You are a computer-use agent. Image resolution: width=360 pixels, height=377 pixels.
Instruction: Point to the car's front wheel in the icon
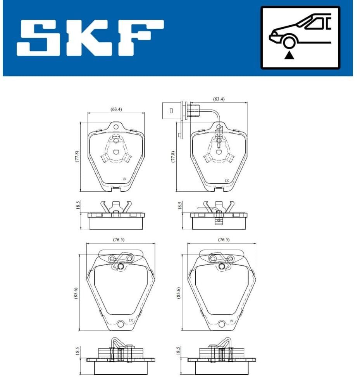tap(289, 42)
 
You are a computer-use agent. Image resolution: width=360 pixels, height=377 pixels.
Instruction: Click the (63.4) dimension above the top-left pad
tap(116, 109)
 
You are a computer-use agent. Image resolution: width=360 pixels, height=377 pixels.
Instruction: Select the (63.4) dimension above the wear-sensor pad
tap(219, 99)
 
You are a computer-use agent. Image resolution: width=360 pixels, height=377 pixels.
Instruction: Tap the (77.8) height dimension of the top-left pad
tap(77, 157)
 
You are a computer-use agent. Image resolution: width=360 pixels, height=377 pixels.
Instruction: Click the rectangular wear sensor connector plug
tap(171, 111)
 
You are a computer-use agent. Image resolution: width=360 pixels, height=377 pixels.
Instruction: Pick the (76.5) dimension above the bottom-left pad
tap(119, 239)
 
